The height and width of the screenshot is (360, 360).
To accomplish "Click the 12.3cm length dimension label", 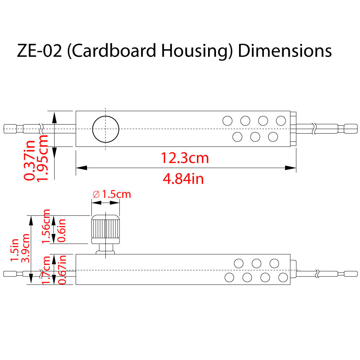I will pos(184,158).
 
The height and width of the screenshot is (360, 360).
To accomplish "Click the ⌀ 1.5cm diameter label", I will pos(112,194).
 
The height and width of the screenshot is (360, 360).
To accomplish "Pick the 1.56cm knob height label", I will pos(46,226).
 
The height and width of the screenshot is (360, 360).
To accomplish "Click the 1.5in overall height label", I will pos(14,250).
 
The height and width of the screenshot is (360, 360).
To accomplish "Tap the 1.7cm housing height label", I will pos(46,270).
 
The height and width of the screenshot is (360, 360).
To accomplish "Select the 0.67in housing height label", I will pos(62,270).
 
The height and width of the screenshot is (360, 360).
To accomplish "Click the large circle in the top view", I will pos(105,129).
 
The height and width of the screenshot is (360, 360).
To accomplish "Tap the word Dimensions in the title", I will pos(284,51).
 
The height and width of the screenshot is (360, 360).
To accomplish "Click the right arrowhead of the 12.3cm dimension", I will pos(291,168).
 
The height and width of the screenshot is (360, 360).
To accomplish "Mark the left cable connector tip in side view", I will pos(9,274).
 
